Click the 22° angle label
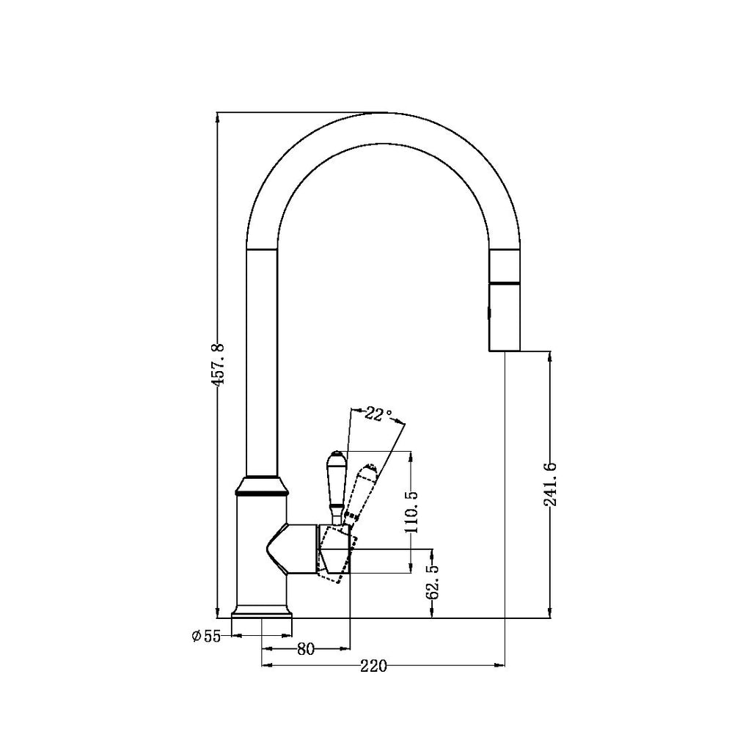coord(377,414)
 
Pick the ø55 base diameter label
coord(206,637)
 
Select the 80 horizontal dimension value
coord(306,648)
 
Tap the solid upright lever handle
coord(334,484)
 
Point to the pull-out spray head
coord(505,301)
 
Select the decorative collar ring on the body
coord(261,487)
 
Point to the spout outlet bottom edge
coord(505,351)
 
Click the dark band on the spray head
coord(505,282)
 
